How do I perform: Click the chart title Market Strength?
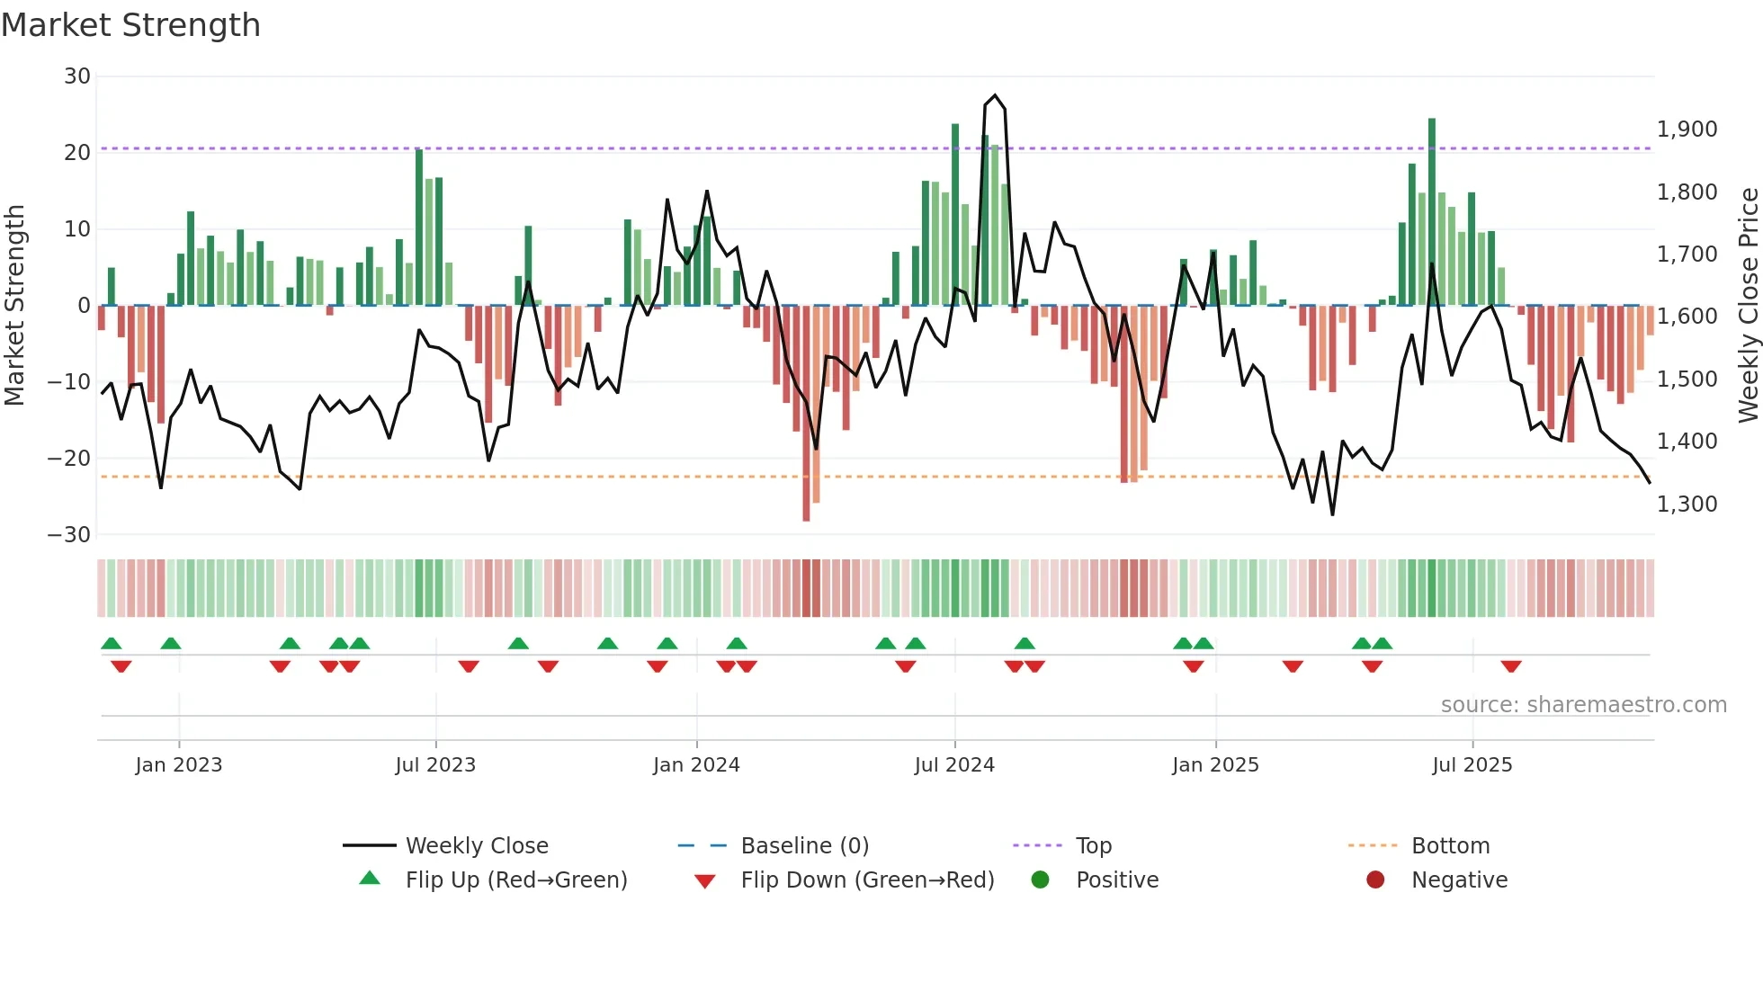pos(130,25)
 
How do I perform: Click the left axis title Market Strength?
pos(15,305)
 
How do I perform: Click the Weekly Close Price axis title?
pos(1748,305)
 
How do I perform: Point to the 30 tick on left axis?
pos(77,76)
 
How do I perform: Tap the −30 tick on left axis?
pos(69,535)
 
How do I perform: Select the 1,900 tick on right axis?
pos(1687,129)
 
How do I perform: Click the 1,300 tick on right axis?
pos(1687,504)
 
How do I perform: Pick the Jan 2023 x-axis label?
pos(178,765)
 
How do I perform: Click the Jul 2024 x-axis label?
pos(954,765)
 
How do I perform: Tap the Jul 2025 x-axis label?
pos(1472,765)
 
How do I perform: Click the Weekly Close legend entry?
pos(476,846)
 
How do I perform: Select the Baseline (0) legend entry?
pos(804,846)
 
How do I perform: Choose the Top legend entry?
pos(1093,846)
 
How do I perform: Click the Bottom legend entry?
pos(1450,846)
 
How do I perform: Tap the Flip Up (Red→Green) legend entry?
pos(515,880)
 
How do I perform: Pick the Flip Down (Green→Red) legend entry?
pos(867,880)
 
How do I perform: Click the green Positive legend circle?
pos(1040,880)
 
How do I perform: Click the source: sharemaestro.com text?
pos(1583,705)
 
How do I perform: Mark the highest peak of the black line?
pos(995,95)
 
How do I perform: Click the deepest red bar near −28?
pos(806,516)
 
